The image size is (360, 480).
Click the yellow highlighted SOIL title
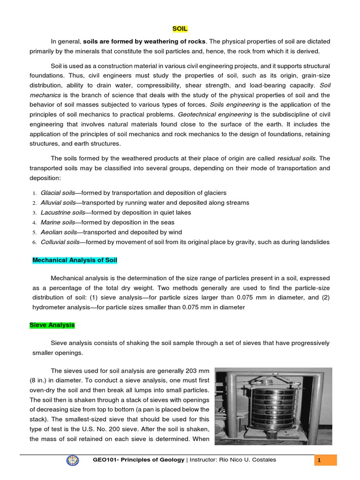180,29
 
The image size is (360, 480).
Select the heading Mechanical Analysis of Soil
75,260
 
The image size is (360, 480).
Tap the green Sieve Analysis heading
52,325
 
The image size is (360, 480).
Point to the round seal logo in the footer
74,460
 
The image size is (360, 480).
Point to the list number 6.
34,242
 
